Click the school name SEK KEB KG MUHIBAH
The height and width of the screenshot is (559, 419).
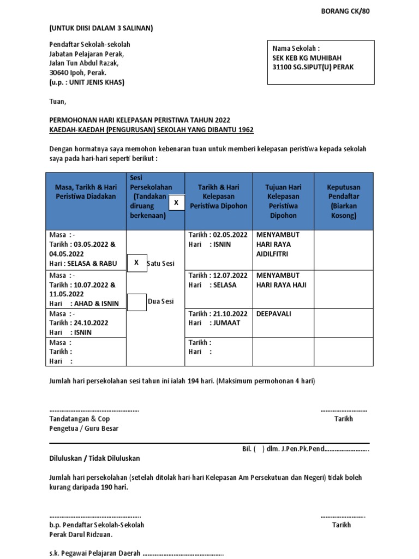[x=307, y=57]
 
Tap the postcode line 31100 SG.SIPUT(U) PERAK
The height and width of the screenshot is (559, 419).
[x=313, y=67]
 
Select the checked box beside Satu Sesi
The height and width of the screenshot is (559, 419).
[x=136, y=263]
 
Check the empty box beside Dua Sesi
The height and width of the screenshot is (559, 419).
[x=136, y=301]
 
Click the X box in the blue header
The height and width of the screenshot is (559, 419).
[x=176, y=203]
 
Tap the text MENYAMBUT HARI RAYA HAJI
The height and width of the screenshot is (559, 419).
[x=282, y=280]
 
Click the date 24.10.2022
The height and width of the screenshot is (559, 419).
[x=89, y=323]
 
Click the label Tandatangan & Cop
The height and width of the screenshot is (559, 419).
[x=79, y=419]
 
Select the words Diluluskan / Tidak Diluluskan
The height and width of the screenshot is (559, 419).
[x=95, y=458]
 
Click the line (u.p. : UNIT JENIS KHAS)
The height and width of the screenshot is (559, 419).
[x=87, y=82]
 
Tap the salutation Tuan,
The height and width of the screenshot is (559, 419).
[x=57, y=102]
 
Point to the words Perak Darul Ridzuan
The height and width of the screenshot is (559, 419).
[x=81, y=534]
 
